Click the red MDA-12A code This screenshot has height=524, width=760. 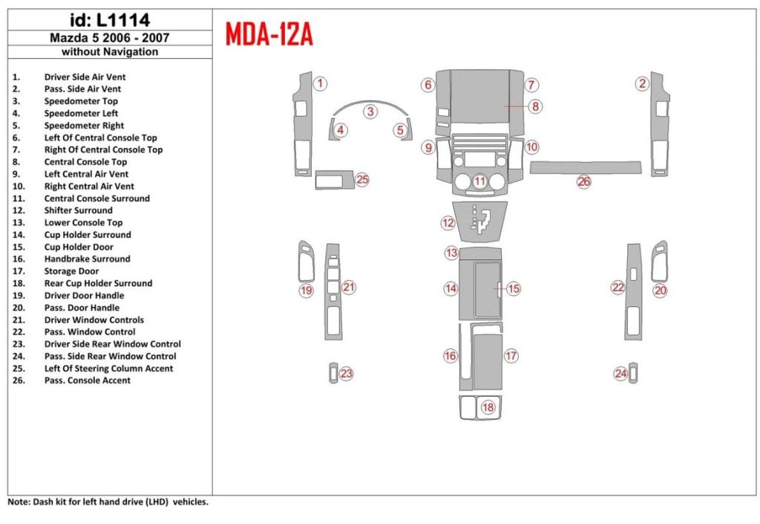(268, 33)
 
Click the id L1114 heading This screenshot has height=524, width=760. (110, 19)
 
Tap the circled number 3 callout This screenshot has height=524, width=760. (370, 112)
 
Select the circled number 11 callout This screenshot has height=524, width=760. (480, 181)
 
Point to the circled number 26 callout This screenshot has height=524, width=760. (584, 181)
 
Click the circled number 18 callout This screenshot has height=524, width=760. (488, 407)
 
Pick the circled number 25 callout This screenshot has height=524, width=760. (362, 179)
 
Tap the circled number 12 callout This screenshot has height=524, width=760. (447, 222)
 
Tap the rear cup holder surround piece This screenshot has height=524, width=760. (479, 407)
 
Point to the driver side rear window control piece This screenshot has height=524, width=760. (332, 372)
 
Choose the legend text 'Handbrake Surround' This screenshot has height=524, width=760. (87, 259)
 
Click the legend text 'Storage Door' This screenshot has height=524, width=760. (71, 271)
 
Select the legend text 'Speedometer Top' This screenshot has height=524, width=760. (81, 101)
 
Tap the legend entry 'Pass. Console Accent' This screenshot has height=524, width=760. (87, 381)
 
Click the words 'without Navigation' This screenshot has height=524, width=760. (110, 52)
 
